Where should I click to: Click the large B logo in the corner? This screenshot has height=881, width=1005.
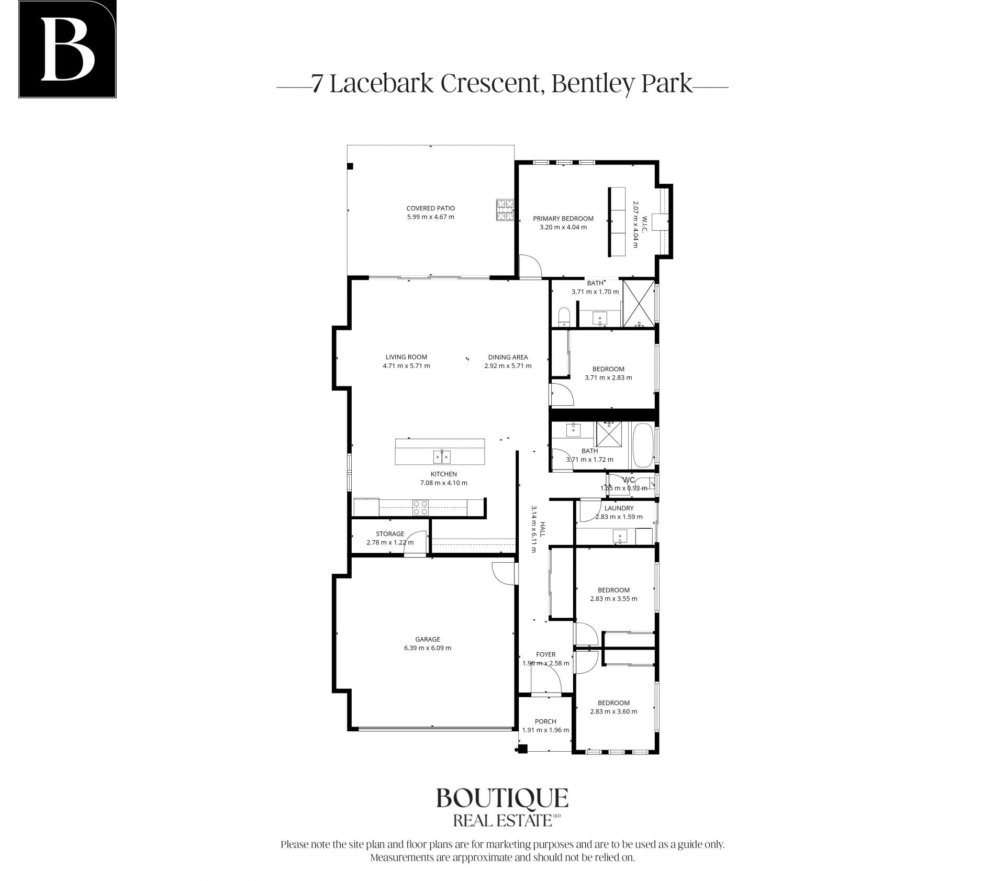(x=68, y=49)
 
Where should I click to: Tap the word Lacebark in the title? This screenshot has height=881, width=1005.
(x=382, y=84)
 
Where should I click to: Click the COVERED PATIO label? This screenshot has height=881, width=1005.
(x=431, y=208)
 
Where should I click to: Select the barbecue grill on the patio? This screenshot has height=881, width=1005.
(x=505, y=210)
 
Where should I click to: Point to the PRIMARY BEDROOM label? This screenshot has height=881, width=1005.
(x=563, y=219)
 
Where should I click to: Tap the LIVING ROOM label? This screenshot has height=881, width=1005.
(x=406, y=357)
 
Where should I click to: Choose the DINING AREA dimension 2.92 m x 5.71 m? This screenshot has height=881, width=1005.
(x=508, y=366)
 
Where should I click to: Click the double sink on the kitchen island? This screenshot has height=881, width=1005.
(x=441, y=456)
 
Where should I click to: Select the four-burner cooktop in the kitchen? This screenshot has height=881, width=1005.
(x=420, y=508)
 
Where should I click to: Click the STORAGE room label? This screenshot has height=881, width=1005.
(x=390, y=534)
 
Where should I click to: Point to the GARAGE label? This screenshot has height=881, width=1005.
(x=428, y=639)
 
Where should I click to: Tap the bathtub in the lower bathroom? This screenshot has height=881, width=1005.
(x=643, y=446)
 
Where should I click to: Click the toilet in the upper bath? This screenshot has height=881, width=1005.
(x=564, y=317)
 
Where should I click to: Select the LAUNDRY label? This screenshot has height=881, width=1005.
(x=619, y=508)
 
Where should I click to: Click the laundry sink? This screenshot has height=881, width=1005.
(x=620, y=537)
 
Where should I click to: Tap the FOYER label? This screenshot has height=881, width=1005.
(x=546, y=654)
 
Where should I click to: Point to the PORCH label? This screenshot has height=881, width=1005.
(x=545, y=721)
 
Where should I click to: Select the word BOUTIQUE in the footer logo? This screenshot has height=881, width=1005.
(x=502, y=799)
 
